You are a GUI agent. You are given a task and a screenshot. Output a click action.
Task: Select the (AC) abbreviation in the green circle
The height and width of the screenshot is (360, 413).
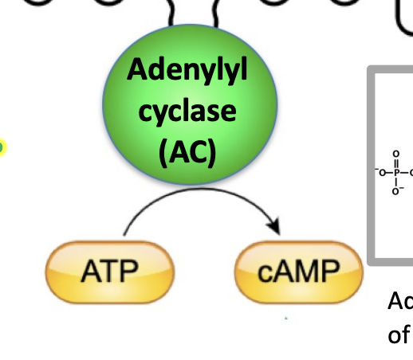[188, 149]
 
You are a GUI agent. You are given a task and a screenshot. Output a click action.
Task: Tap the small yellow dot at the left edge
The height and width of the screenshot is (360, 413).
[2, 147]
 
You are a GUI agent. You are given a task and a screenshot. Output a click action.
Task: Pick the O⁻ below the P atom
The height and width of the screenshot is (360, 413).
[395, 191]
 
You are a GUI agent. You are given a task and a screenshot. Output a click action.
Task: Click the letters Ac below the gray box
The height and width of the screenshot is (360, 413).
[399, 301]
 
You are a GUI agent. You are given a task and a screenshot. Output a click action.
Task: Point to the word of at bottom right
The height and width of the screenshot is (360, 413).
[399, 335]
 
